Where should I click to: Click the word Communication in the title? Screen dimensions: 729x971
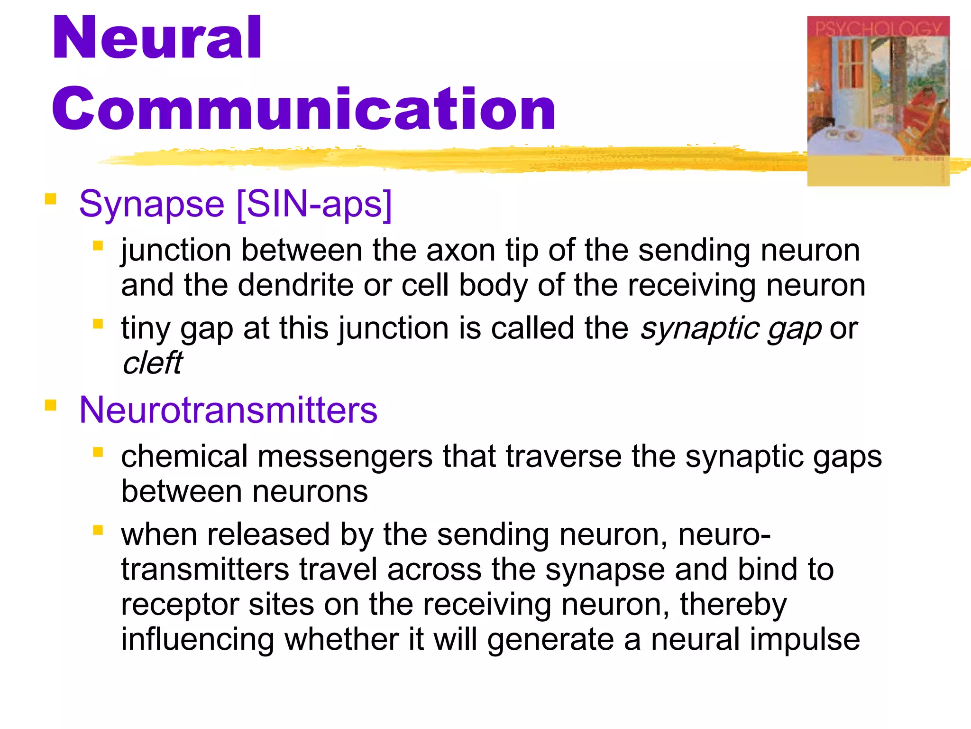coord(303,109)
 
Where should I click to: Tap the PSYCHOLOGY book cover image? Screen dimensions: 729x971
coord(878,101)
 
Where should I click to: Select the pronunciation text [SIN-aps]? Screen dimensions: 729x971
coord(314,204)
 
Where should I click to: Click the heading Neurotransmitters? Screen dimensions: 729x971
coord(228,410)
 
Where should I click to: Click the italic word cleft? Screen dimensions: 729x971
coord(152,363)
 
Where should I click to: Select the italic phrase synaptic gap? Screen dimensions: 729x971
coord(730,328)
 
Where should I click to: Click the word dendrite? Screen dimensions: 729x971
coord(295,285)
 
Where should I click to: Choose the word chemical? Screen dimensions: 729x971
coord(184,457)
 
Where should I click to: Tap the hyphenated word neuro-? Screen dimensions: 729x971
coord(724,535)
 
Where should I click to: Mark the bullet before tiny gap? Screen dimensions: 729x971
coord(98,324)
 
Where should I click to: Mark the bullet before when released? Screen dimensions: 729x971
coord(98,530)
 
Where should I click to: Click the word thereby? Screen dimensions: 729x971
coord(733,605)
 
